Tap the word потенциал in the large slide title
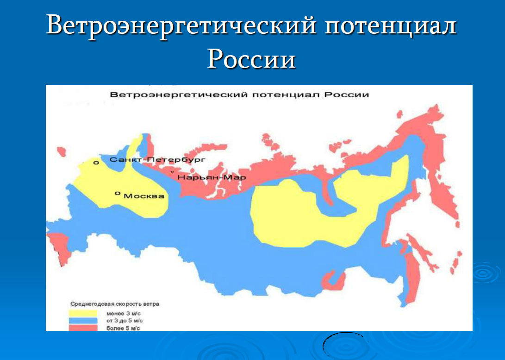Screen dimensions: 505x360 pos(390,25)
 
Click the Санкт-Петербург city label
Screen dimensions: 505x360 pos(157,159)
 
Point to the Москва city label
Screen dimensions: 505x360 pos(144,196)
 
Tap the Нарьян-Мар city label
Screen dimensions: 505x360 pos(212,177)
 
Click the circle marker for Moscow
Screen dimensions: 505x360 pos(118,193)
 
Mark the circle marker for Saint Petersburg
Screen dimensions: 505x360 pos(96,163)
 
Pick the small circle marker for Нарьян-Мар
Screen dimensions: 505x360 pos(172,172)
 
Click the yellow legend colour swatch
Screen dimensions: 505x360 pos(83,313)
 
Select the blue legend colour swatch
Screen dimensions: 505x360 pos(83,321)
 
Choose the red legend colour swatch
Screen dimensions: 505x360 pos(83,328)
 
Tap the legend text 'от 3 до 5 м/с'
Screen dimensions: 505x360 pos(125,321)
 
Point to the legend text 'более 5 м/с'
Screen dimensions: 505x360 pos(123,328)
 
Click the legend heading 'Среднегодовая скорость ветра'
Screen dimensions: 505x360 pos(115,304)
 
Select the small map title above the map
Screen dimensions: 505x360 pos(239,95)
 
